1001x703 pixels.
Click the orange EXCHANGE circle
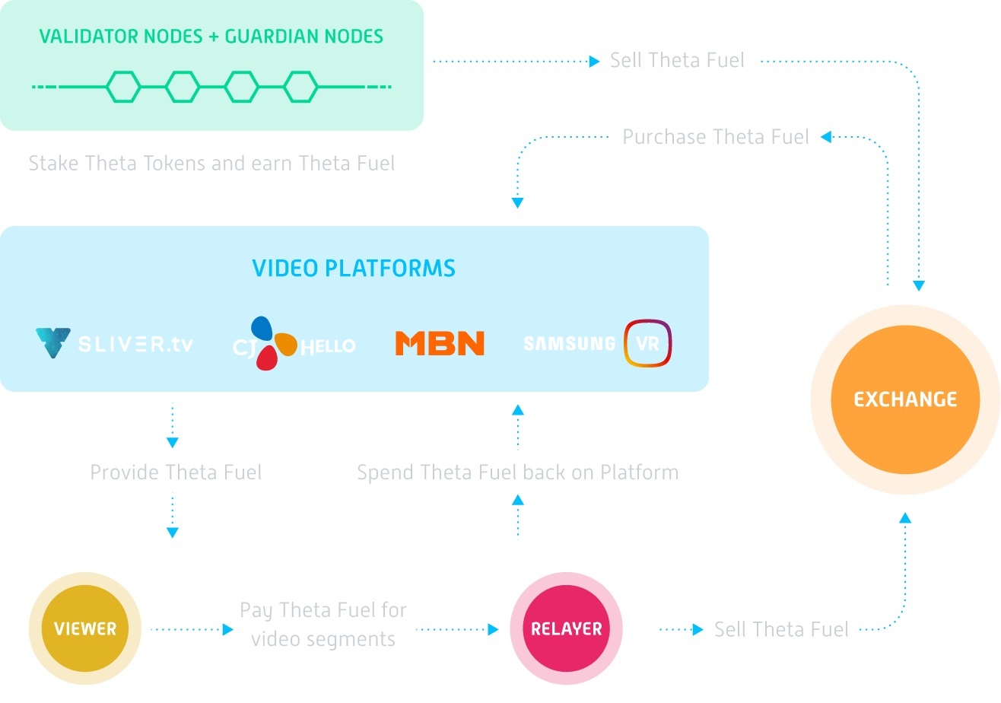905,399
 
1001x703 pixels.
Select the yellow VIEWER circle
85,629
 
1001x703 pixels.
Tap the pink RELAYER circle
566,629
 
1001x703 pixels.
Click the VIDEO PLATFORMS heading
354,268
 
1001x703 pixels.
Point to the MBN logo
440,343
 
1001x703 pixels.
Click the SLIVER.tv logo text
135,344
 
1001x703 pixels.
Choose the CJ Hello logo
293,344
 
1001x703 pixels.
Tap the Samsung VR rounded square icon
647,343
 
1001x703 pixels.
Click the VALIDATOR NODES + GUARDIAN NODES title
211,36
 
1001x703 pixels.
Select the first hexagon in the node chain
123,87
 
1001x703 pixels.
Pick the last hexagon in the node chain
300,87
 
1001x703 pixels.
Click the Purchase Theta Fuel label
716,137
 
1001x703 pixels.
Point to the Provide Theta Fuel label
176,472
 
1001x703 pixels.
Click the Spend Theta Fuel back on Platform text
518,472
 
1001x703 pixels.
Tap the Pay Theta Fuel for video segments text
323,625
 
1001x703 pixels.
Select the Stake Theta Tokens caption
211,164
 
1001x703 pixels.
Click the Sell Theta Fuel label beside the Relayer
781,629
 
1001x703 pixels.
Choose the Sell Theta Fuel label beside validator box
677,61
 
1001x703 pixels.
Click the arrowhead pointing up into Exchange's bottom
905,518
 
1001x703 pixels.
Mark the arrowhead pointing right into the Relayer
493,629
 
